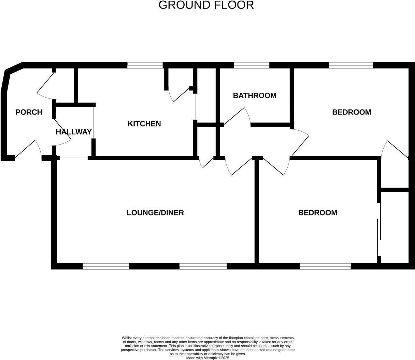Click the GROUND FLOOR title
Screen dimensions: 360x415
[206, 5]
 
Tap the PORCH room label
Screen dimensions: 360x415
[29, 112]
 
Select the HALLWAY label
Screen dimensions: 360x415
[74, 132]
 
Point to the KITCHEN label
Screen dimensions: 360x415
[144, 124]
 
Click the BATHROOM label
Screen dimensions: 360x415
[255, 95]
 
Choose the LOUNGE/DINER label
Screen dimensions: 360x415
[155, 213]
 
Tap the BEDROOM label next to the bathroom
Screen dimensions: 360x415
[352, 112]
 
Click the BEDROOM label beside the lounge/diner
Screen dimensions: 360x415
[318, 213]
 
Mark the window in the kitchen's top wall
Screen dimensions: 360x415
[145, 65]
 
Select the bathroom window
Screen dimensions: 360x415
[252, 65]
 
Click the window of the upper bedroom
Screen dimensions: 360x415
[351, 65]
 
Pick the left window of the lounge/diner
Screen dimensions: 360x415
[106, 266]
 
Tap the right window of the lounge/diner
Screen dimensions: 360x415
[203, 266]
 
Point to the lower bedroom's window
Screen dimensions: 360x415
[325, 266]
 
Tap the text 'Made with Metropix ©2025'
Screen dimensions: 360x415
[207, 358]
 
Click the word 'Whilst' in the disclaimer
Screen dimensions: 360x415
[127, 338]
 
